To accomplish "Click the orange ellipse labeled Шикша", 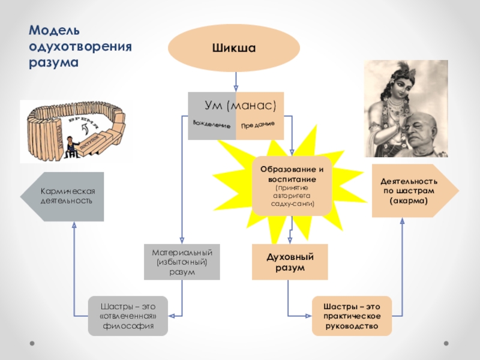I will (x=233, y=47).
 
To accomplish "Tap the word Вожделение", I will (x=212, y=124).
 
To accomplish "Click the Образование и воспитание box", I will (x=292, y=185).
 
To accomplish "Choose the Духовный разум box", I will (x=290, y=262).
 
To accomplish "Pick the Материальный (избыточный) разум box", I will (x=182, y=262).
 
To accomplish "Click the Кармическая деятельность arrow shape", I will (x=63, y=196).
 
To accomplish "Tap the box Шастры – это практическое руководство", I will (x=352, y=316).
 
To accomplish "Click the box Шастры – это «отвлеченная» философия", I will (x=128, y=316).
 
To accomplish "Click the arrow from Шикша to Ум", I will (x=236, y=81).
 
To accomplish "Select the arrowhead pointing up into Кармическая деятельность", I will (x=74, y=226).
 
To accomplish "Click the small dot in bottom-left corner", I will (x=28, y=343).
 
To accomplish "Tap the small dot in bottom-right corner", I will (x=446, y=343).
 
